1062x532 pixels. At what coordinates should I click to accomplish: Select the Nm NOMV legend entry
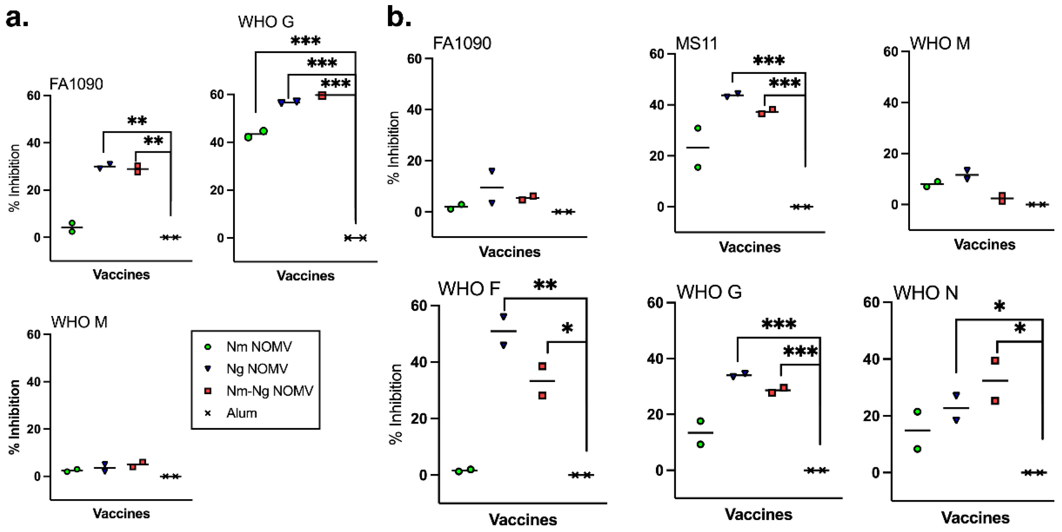tap(258, 347)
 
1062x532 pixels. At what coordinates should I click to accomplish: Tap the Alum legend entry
tap(241, 413)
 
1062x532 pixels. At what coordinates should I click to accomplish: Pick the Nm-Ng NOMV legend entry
tap(269, 391)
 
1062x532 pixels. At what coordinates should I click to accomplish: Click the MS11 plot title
tap(696, 43)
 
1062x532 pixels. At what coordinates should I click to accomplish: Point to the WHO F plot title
tap(469, 289)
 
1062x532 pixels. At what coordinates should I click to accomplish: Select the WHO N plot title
tap(926, 293)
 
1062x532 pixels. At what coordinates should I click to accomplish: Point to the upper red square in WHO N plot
tap(995, 361)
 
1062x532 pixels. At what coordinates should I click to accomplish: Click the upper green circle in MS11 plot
tap(698, 128)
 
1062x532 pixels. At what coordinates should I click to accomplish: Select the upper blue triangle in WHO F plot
tap(503, 316)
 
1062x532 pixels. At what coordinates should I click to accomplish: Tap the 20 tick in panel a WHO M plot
tap(34, 429)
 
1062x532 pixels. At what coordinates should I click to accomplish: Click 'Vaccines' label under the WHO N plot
tap(975, 518)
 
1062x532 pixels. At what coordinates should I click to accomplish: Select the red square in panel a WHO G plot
tap(322, 96)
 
